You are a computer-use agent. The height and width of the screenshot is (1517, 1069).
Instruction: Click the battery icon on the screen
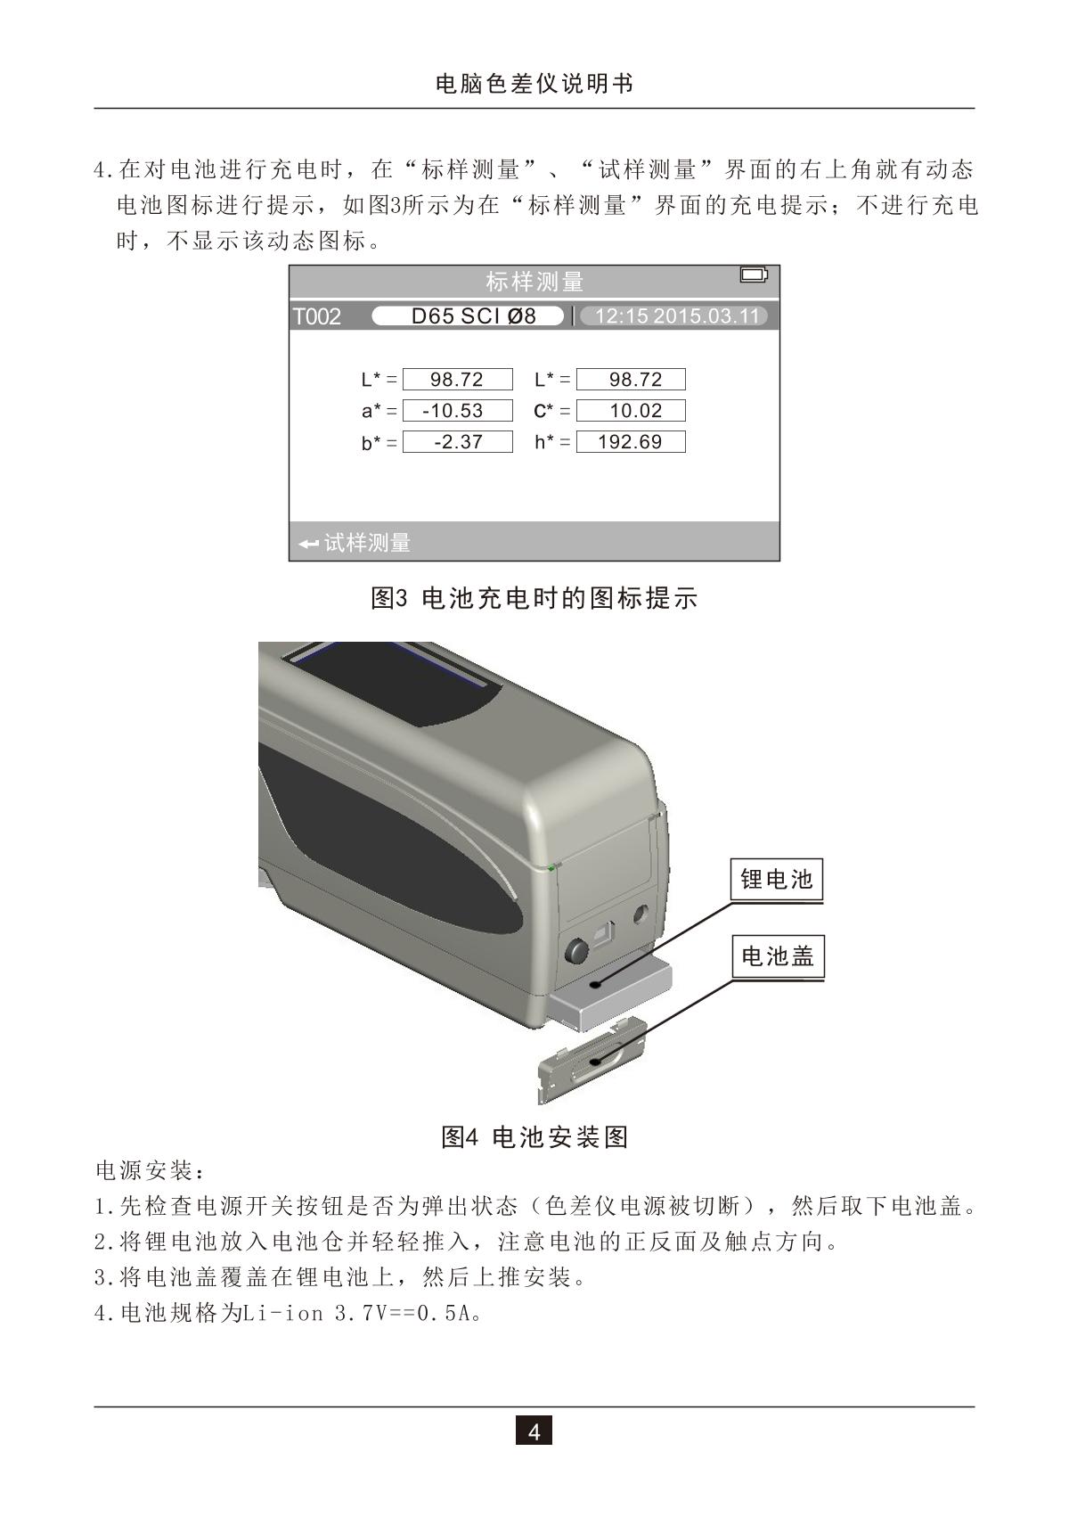click(x=754, y=275)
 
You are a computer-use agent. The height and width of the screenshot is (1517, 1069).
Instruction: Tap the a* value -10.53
click(x=457, y=411)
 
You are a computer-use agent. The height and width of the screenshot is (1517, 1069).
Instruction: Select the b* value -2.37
click(x=457, y=442)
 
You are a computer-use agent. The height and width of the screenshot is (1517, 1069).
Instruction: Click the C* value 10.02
click(x=631, y=411)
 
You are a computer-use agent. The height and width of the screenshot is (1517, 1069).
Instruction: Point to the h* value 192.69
click(x=631, y=442)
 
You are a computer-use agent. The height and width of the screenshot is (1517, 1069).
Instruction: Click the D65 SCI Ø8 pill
click(x=468, y=316)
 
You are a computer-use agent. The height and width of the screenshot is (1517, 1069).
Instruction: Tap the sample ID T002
click(x=317, y=317)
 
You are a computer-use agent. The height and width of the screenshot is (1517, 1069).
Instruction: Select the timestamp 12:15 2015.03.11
click(x=674, y=316)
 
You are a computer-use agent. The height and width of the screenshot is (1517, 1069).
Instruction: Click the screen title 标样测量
click(x=534, y=283)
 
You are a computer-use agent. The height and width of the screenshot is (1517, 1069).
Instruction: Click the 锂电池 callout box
click(x=777, y=881)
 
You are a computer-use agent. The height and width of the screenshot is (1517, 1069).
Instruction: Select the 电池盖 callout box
click(x=777, y=957)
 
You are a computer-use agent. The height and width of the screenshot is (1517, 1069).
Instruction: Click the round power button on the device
click(x=575, y=951)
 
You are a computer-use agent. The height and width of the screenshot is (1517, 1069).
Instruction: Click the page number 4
click(x=534, y=1432)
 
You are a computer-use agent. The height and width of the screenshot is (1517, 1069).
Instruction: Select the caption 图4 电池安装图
click(x=534, y=1137)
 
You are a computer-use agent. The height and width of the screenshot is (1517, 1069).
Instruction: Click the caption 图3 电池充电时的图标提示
click(x=534, y=598)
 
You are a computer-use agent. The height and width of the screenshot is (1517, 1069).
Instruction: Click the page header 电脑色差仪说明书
click(x=534, y=85)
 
